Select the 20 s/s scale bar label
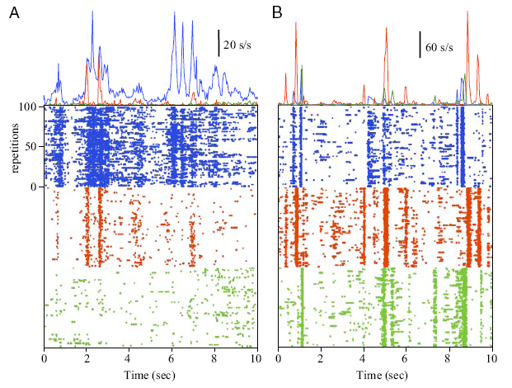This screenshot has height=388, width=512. click(x=239, y=44)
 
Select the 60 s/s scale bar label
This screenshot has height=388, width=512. click(x=440, y=46)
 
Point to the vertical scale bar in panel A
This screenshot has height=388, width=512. click(x=218, y=43)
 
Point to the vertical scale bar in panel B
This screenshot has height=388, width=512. click(x=420, y=44)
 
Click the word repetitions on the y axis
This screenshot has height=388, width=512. click(x=15, y=146)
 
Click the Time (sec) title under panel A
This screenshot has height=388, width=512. click(x=150, y=376)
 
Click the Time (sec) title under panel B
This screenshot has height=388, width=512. click(x=385, y=376)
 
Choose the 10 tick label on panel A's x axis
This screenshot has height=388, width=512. click(x=257, y=360)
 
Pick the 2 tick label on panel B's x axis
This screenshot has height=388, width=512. click(x=322, y=360)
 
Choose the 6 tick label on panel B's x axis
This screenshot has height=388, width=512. click(x=406, y=360)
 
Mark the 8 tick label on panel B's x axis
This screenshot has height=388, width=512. click(x=449, y=360)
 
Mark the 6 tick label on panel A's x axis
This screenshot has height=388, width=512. click(x=171, y=360)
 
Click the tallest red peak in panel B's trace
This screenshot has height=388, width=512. click(x=467, y=12)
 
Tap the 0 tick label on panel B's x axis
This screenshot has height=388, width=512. click(x=279, y=360)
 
